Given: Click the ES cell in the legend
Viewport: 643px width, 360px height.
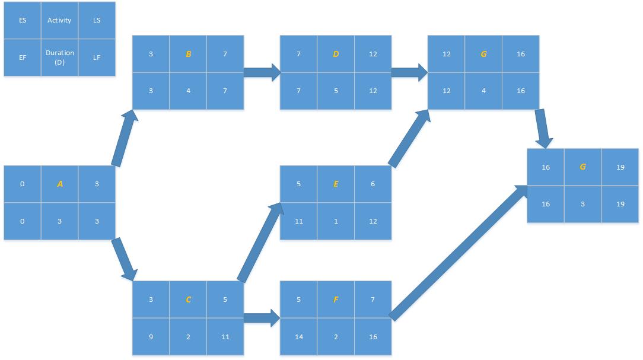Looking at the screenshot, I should [x=23, y=20].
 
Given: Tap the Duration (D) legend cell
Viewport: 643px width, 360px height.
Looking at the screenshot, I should [x=59, y=57].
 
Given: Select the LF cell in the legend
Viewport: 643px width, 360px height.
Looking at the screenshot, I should [x=97, y=58].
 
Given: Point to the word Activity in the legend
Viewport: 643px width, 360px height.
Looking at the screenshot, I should [x=59, y=20].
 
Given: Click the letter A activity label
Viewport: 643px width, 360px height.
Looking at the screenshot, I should [x=59, y=184].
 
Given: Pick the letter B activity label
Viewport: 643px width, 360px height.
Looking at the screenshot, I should [x=188, y=54].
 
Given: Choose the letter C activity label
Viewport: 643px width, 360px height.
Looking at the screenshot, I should [x=188, y=300].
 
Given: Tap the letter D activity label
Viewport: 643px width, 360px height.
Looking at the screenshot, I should [x=336, y=54].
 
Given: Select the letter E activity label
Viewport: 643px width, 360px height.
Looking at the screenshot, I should [x=336, y=184].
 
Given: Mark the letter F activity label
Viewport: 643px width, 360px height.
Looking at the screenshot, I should [x=336, y=300].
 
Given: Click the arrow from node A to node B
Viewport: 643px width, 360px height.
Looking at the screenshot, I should [x=125, y=137].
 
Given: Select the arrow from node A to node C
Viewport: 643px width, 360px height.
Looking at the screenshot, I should [x=125, y=259].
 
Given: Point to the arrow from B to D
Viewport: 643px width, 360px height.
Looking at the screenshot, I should [x=262, y=72].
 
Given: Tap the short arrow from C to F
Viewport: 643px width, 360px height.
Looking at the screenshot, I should [x=262, y=317].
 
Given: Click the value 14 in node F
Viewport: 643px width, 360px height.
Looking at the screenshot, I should [x=298, y=337].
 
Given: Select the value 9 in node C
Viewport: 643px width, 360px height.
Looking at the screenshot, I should [x=151, y=337].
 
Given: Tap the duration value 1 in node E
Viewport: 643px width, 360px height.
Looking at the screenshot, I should [x=336, y=221].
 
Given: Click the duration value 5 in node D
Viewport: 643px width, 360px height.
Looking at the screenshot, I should [x=336, y=91].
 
